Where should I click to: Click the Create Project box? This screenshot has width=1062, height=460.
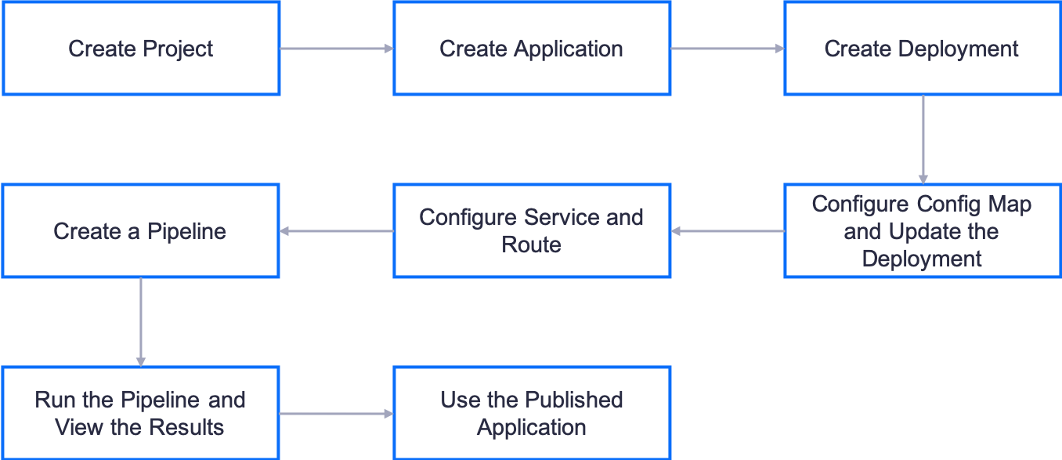pyautogui.click(x=141, y=49)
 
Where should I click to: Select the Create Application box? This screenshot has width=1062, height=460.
pyautogui.click(x=532, y=49)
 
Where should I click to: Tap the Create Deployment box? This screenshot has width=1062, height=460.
pyautogui.click(x=922, y=49)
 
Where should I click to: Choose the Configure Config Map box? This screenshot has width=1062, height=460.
pyautogui.click(x=922, y=231)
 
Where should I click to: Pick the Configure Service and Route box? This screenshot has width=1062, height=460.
pyautogui.click(x=532, y=231)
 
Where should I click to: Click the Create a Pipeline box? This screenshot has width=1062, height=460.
pyautogui.click(x=141, y=231)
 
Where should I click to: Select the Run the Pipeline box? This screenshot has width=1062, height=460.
pyautogui.click(x=141, y=413)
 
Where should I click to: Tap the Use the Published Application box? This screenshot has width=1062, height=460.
pyautogui.click(x=532, y=413)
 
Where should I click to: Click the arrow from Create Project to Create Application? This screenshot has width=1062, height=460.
pyautogui.click(x=337, y=49)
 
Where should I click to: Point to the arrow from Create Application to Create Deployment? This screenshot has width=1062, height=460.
pyautogui.click(x=728, y=49)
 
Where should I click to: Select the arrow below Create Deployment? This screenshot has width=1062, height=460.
pyautogui.click(x=923, y=139)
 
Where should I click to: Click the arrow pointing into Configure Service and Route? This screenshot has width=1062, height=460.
pyautogui.click(x=728, y=231)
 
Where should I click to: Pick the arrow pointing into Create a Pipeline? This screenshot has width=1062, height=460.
pyautogui.click(x=337, y=231)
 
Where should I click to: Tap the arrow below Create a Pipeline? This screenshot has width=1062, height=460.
pyautogui.click(x=141, y=322)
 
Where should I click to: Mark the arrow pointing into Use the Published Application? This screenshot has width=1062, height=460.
pyautogui.click(x=337, y=414)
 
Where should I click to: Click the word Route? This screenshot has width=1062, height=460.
pyautogui.click(x=532, y=244)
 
